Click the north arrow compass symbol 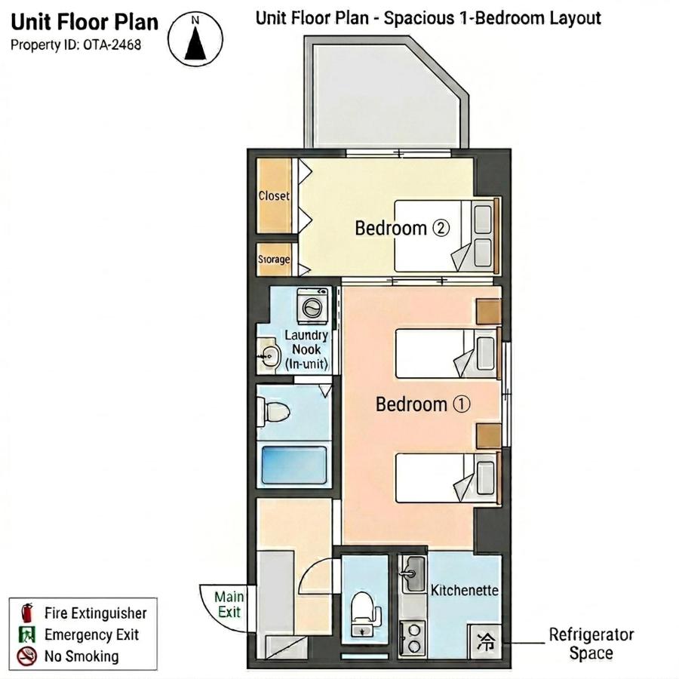pyautogui.click(x=195, y=39)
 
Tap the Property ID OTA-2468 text pyautogui.click(x=75, y=45)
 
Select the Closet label pyautogui.click(x=274, y=195)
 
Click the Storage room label pyautogui.click(x=274, y=259)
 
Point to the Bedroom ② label pyautogui.click(x=402, y=228)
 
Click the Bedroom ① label pyautogui.click(x=422, y=404)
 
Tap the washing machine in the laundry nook pyautogui.click(x=312, y=306)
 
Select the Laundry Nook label pyautogui.click(x=306, y=349)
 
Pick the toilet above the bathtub pyautogui.click(x=274, y=411)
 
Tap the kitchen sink pyautogui.click(x=413, y=575)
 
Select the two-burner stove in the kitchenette pyautogui.click(x=413, y=638)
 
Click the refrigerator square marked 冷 pyautogui.click(x=485, y=642)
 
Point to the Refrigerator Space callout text pyautogui.click(x=591, y=644)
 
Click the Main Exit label pyautogui.click(x=229, y=604)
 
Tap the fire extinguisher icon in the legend pyautogui.click(x=27, y=613)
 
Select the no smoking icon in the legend pyautogui.click(x=27, y=656)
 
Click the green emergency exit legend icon pyautogui.click(x=27, y=634)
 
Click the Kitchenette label pyautogui.click(x=464, y=590)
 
